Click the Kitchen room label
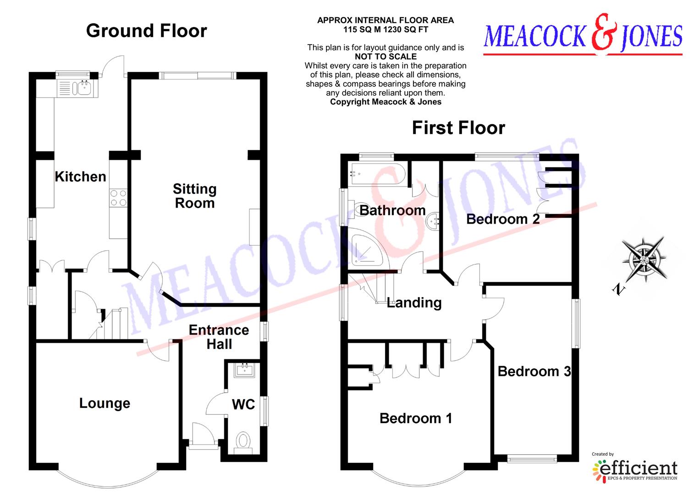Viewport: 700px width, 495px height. (x=80, y=176)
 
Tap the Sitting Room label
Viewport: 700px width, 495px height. (x=195, y=196)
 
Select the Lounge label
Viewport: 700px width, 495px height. (x=105, y=403)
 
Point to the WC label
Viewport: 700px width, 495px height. (x=243, y=404)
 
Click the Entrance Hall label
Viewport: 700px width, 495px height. (x=219, y=337)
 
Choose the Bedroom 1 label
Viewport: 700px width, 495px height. (x=416, y=418)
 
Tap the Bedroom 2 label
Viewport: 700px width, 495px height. (x=503, y=219)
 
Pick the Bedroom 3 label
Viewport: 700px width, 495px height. (x=534, y=371)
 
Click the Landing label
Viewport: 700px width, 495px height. (x=414, y=302)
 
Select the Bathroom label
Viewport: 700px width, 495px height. (x=392, y=210)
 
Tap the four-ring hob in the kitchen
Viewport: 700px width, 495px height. (x=118, y=198)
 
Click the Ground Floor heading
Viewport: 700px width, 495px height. (x=147, y=31)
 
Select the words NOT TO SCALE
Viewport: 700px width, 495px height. (x=386, y=56)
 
